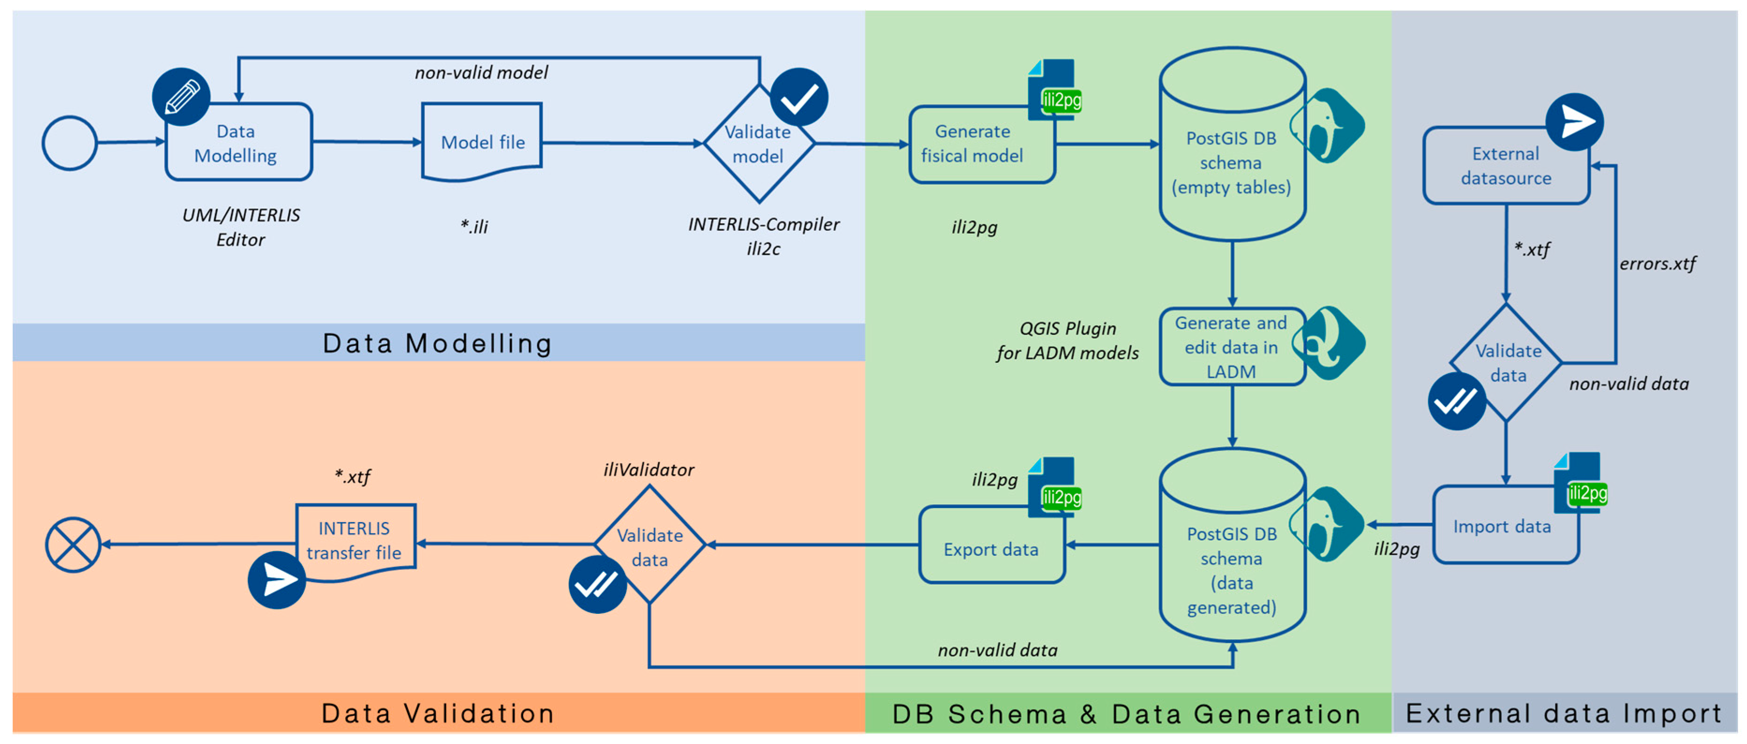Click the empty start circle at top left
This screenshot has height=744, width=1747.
click(x=70, y=143)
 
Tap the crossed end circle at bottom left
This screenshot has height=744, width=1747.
click(x=73, y=545)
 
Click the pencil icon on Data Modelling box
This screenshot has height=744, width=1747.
click(x=181, y=96)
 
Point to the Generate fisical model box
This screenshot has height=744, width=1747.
click(x=980, y=144)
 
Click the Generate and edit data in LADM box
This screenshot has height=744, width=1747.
click(x=1231, y=347)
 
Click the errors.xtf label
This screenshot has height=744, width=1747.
click(x=1658, y=264)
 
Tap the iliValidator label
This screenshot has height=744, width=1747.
click(x=649, y=470)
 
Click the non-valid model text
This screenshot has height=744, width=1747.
click(x=481, y=73)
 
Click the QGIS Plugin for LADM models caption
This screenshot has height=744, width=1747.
click(x=1068, y=340)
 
